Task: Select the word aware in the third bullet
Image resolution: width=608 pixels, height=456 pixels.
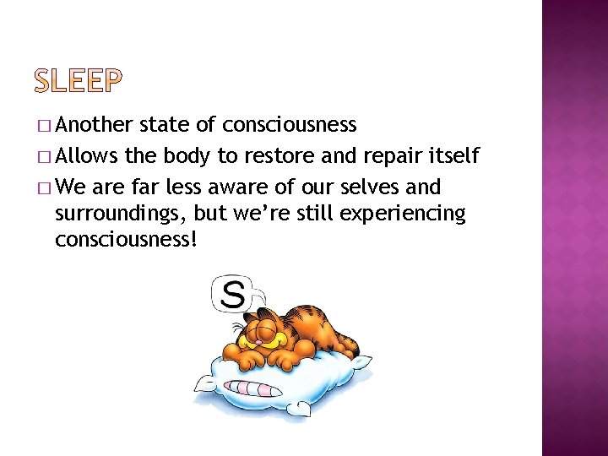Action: pos(243,186)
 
